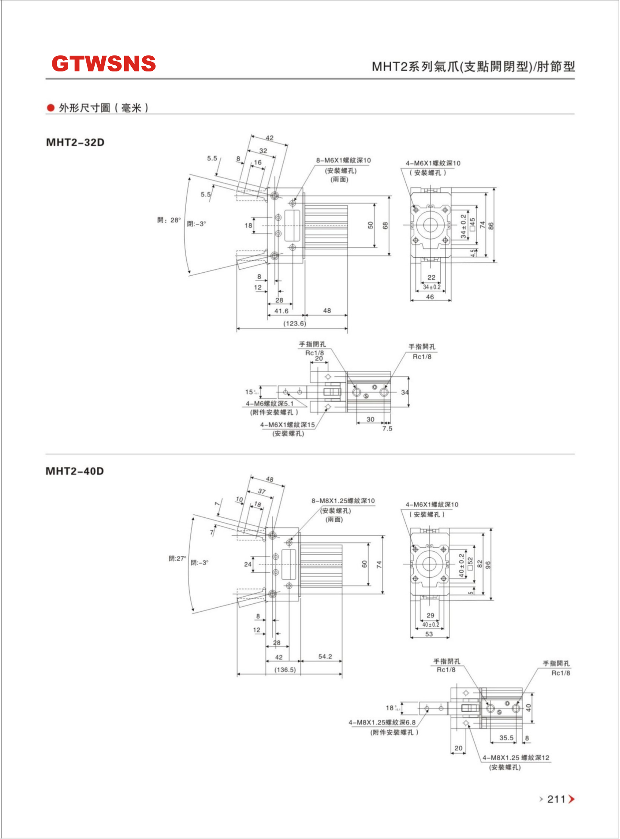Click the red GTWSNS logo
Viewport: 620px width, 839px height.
[x=104, y=64]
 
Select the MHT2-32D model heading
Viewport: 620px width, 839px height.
[x=75, y=143]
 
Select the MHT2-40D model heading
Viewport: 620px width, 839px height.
[x=75, y=471]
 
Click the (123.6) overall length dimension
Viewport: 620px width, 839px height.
[x=295, y=324]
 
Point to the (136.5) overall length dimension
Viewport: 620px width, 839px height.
[x=285, y=670]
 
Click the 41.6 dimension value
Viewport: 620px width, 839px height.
[x=282, y=311]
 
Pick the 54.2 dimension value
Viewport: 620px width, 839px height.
[x=325, y=656]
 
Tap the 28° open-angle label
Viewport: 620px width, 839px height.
[x=169, y=220]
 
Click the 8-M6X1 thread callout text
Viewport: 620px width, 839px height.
[x=343, y=160]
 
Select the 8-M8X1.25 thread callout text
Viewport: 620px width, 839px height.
[x=343, y=501]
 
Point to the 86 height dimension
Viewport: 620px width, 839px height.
[x=491, y=226]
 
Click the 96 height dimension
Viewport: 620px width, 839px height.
[x=488, y=564]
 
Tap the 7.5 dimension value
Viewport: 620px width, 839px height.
[x=387, y=428]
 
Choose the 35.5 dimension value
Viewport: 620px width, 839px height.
[x=506, y=738]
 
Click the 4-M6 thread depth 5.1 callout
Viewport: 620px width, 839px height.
[x=270, y=404]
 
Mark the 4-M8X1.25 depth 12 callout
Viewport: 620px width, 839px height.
[x=516, y=758]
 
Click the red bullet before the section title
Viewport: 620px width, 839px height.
[x=50, y=108]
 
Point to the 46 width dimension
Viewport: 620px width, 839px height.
[x=430, y=297]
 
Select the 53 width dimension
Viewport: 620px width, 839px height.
[x=429, y=634]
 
